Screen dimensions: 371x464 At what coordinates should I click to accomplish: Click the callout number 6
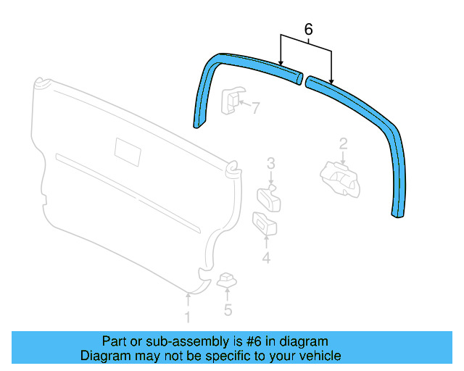308,30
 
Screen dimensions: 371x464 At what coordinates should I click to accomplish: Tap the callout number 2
343,143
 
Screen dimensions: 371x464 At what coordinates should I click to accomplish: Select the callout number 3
270,163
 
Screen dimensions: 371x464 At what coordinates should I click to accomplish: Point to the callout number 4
266,258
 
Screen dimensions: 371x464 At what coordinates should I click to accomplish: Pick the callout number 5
228,310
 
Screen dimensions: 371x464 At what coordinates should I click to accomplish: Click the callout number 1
187,317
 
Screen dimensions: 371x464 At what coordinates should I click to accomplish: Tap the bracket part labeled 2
338,178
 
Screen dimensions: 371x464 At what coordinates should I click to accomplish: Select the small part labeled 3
268,198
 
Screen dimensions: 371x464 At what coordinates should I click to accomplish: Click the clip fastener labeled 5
228,279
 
